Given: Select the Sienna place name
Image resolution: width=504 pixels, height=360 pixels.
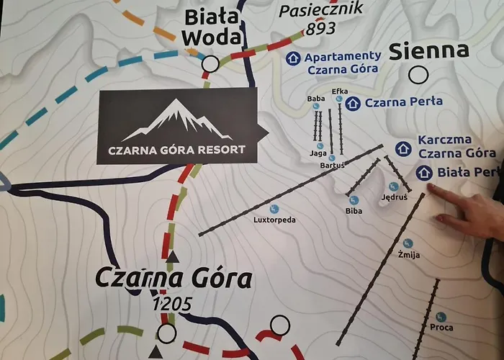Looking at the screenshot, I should tap(429, 51).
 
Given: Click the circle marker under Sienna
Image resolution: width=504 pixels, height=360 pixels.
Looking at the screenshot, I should tap(417, 75).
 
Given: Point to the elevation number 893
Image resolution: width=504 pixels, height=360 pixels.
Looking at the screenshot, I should tap(320, 30).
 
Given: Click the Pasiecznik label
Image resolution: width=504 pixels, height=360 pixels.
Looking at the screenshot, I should tap(321, 9).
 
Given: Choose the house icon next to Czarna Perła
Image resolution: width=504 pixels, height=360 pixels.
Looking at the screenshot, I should tap(352, 104).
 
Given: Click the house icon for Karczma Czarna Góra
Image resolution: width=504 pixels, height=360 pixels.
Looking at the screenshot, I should tap(403, 149).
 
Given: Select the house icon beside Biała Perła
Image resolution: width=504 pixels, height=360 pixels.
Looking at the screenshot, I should tap(423, 173).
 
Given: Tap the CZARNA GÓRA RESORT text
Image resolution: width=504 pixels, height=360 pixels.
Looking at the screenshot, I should tap(176, 150).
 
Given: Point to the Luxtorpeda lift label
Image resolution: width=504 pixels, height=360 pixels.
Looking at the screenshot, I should tap(274, 220).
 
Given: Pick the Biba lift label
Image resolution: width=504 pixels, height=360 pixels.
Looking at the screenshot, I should tap(354, 211).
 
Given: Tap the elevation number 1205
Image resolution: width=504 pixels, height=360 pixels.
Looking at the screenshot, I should tap(172, 305).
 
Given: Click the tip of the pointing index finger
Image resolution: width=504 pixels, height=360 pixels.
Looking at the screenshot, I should tap(431, 187).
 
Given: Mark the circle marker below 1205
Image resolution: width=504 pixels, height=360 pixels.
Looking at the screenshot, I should tap(167, 333).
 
